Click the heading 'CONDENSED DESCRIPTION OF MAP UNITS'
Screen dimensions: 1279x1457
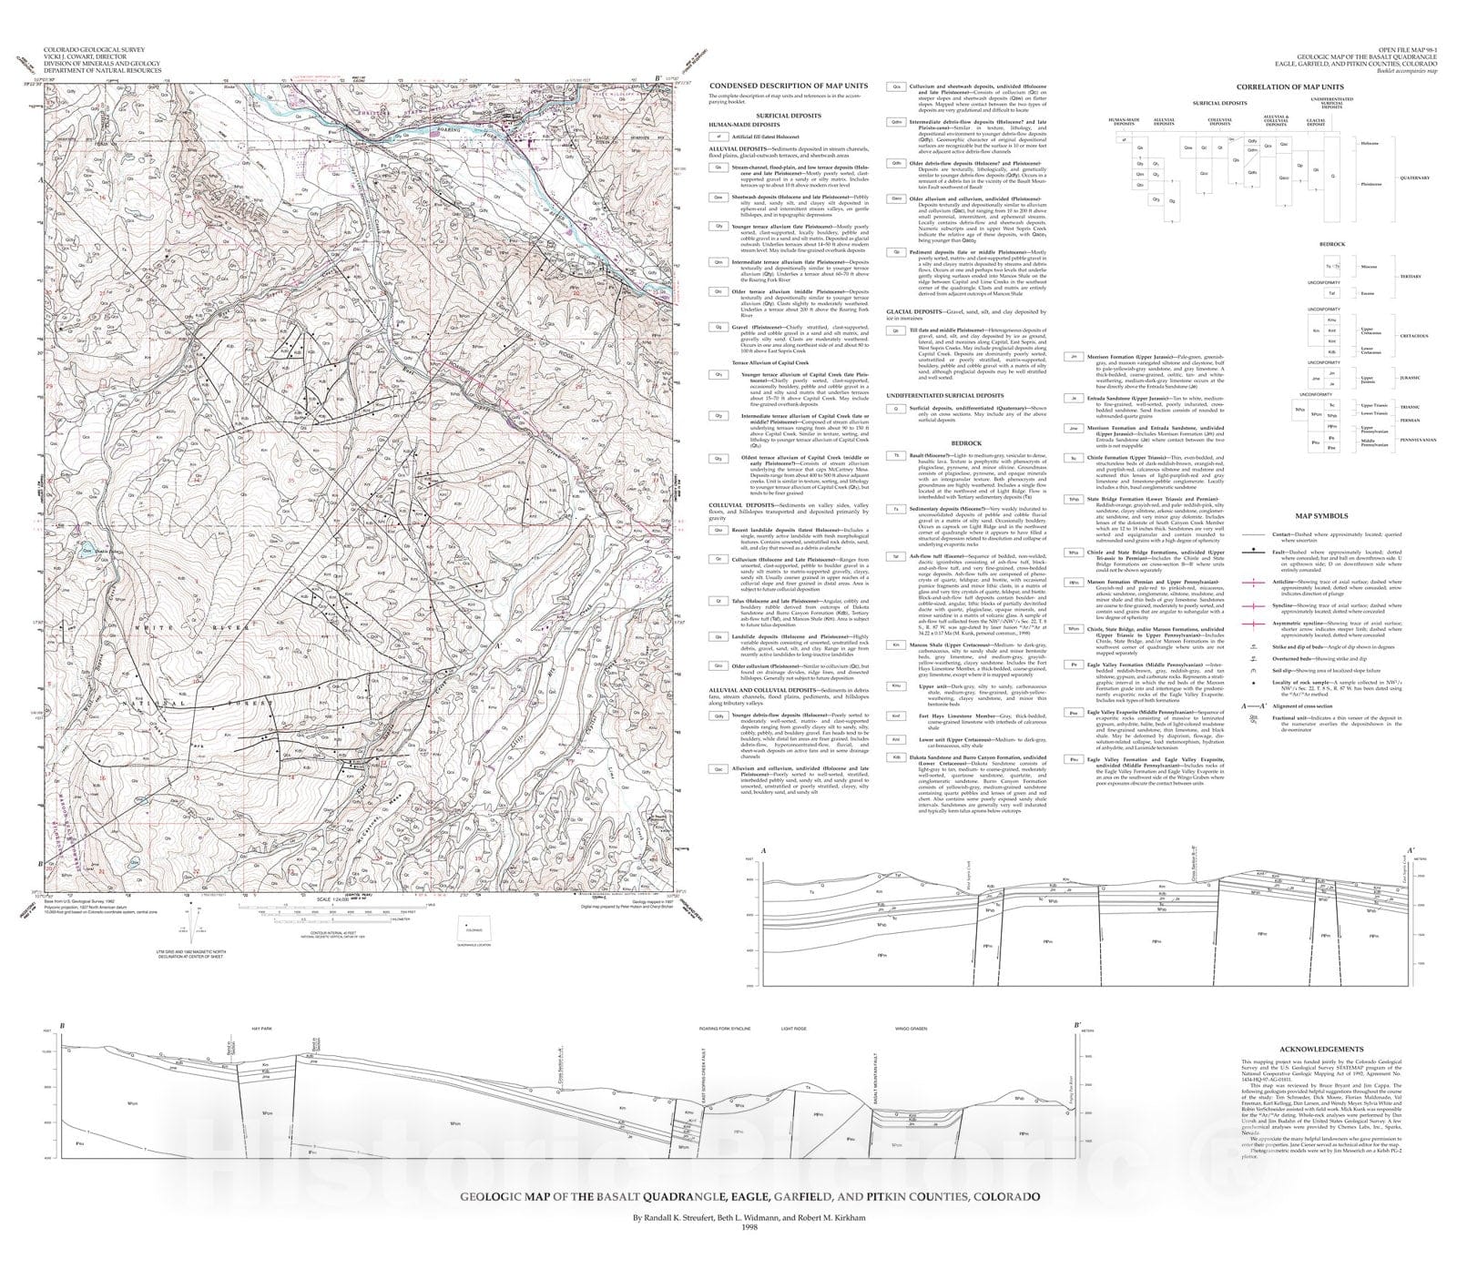[788, 86]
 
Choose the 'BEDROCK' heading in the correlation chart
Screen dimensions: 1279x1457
[1332, 244]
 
